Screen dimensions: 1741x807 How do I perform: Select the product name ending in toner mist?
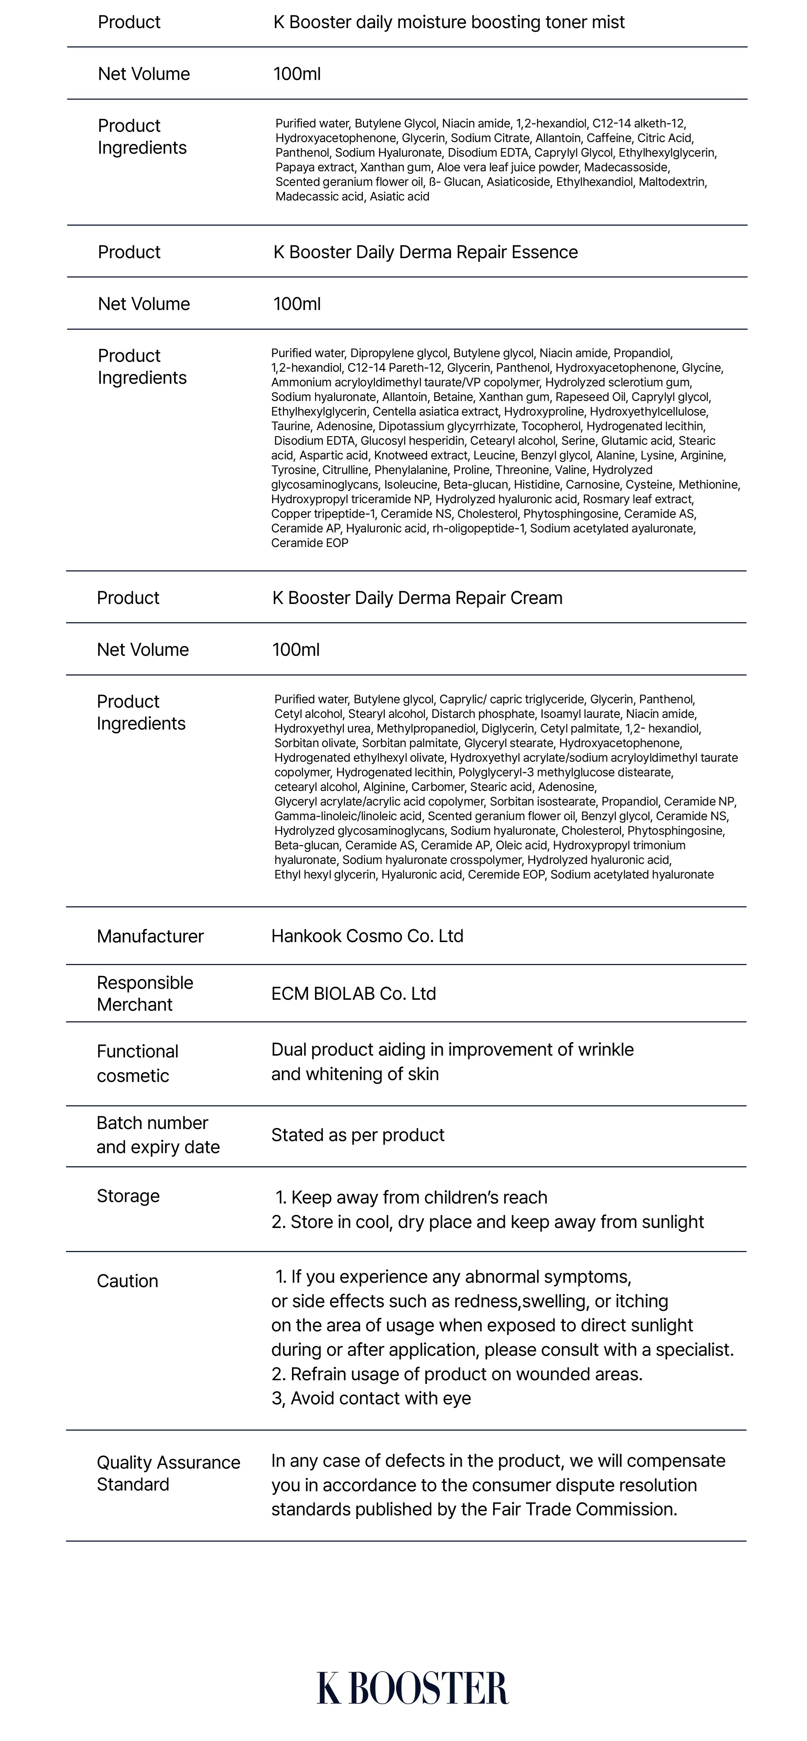click(x=449, y=22)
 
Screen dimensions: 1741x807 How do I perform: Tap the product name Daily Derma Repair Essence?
click(x=426, y=252)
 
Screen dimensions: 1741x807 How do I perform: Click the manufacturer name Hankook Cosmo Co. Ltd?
click(x=368, y=936)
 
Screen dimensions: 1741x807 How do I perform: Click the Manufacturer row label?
click(x=150, y=936)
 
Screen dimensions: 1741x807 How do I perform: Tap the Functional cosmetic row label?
click(x=137, y=1063)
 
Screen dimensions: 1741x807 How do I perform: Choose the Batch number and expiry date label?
click(x=158, y=1135)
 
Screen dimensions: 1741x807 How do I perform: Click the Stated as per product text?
click(x=358, y=1135)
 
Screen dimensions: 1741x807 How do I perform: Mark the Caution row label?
click(x=128, y=1281)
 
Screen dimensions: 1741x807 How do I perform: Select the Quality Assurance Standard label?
click(x=168, y=1473)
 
